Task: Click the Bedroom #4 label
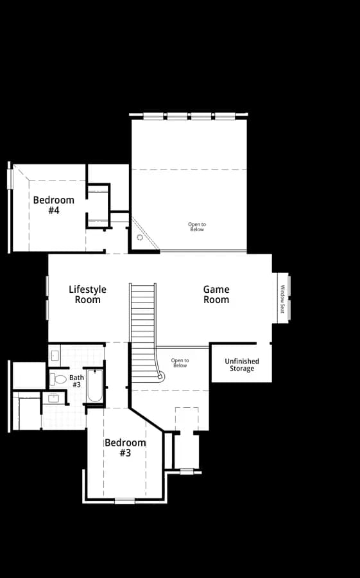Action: click(x=54, y=206)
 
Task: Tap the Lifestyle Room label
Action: click(x=88, y=295)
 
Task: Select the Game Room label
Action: click(x=216, y=295)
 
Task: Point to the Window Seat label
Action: click(x=282, y=299)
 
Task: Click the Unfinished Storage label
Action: click(x=242, y=365)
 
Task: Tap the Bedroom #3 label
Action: click(x=125, y=448)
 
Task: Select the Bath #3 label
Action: click(x=76, y=381)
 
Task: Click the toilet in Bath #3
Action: click(x=58, y=379)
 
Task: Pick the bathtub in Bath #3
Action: click(x=95, y=386)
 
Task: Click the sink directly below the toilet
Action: click(x=53, y=398)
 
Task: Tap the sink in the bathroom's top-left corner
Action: click(x=55, y=356)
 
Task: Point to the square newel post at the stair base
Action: click(x=160, y=377)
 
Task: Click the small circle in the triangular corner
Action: click(x=140, y=238)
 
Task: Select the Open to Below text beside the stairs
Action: click(x=180, y=363)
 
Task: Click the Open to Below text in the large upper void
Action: click(x=197, y=227)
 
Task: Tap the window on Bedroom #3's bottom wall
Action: click(x=124, y=501)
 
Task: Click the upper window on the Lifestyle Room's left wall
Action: click(x=47, y=285)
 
